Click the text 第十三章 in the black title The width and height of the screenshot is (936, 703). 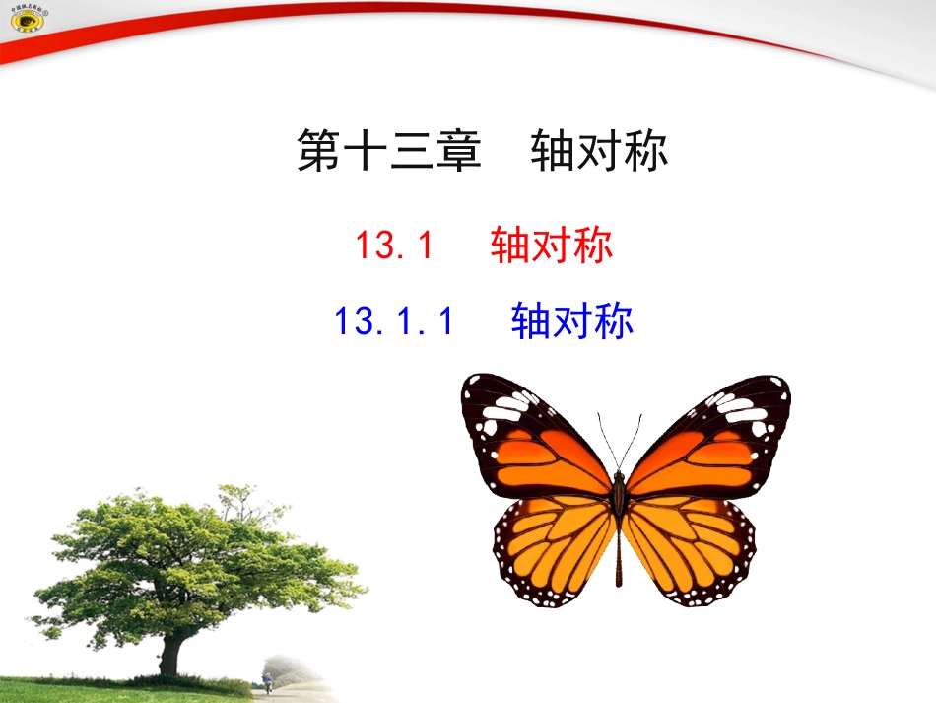[x=388, y=153]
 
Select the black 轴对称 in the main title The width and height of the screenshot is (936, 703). [x=599, y=153]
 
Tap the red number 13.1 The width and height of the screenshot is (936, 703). [x=394, y=246]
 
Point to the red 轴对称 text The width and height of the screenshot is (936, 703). [x=552, y=246]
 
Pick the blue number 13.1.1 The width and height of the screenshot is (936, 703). [x=394, y=321]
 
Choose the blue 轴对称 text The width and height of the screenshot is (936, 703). [x=572, y=321]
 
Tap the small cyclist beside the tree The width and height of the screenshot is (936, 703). [x=267, y=683]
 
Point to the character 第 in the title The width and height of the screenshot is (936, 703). [x=318, y=153]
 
